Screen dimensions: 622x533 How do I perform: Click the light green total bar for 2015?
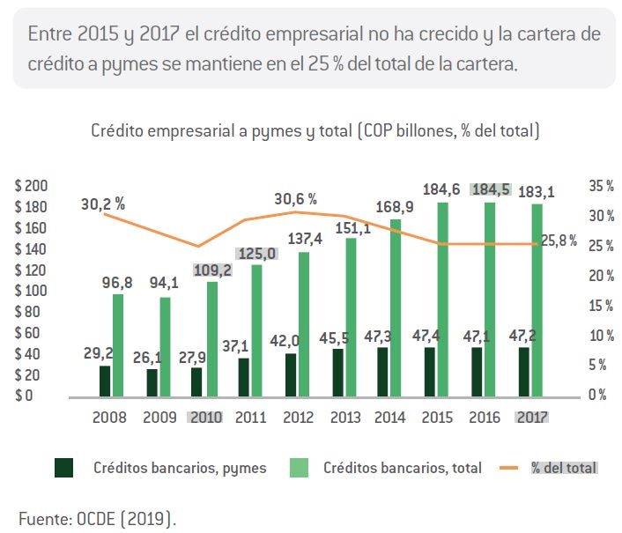[x=442, y=300]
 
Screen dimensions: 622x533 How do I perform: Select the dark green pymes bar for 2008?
[x=105, y=381]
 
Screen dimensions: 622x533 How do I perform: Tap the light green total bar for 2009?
[x=165, y=347]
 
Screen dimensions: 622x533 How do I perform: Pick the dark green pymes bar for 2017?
[x=524, y=373]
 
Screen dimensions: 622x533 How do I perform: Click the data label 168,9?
[x=395, y=207]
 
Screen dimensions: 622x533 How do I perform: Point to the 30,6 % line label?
[x=295, y=199]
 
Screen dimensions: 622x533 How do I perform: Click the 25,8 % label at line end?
[x=559, y=241]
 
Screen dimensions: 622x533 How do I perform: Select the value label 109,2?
[x=212, y=270]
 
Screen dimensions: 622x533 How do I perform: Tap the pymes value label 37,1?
[x=235, y=346]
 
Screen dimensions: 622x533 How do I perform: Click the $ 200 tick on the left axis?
[x=31, y=186]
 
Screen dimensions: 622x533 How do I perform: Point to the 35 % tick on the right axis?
[x=602, y=186]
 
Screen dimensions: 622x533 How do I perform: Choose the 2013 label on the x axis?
[x=345, y=418]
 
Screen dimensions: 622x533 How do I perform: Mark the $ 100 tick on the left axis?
[x=31, y=291]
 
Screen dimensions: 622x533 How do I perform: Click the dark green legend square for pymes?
[x=63, y=468]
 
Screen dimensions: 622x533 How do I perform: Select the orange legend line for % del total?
[x=509, y=468]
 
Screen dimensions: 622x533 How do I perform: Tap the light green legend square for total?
[x=299, y=468]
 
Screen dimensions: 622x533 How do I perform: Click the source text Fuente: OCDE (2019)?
[x=97, y=519]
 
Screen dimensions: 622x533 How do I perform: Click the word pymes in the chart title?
[x=276, y=131]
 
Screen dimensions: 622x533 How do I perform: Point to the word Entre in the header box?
[x=50, y=33]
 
